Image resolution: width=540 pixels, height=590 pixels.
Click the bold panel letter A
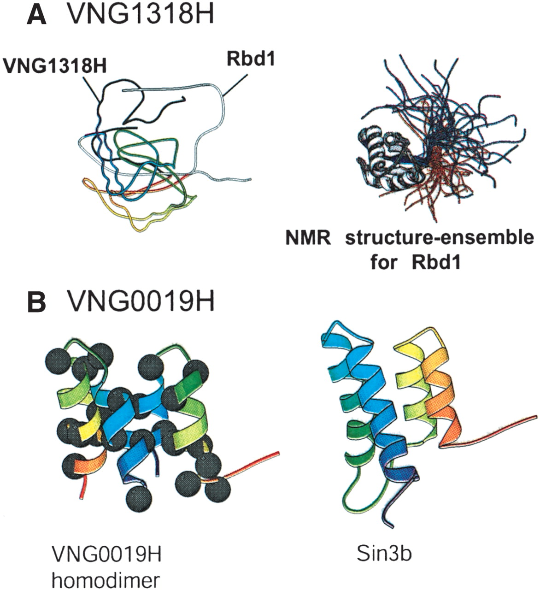click(36, 14)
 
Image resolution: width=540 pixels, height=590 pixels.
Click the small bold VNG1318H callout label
click(54, 66)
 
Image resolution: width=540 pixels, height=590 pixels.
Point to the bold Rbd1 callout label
click(251, 59)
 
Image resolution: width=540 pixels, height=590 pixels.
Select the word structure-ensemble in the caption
click(440, 238)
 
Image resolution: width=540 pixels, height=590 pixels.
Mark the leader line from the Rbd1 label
click(235, 85)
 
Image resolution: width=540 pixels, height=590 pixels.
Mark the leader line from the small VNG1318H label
click(91, 88)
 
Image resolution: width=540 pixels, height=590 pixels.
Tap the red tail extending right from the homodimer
click(252, 462)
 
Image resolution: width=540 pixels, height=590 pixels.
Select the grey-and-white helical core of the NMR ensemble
click(388, 159)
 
